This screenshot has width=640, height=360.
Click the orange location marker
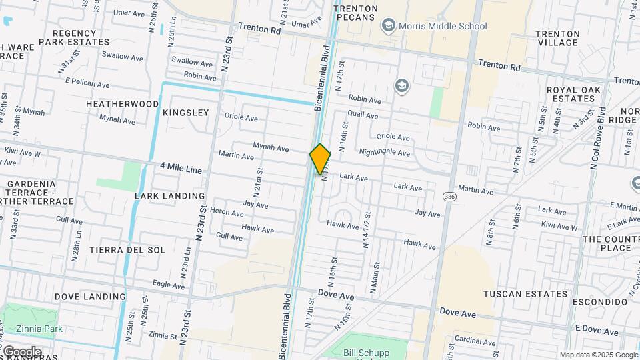pyautogui.click(x=320, y=159)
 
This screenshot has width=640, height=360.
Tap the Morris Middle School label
pyautogui.click(x=443, y=27)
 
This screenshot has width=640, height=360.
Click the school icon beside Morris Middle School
pyautogui.click(x=387, y=26)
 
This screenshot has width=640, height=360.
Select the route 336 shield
pyautogui.click(x=450, y=197)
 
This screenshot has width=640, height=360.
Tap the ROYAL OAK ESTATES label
pyautogui.click(x=573, y=94)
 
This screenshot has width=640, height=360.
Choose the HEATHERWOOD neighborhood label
pyautogui.click(x=122, y=104)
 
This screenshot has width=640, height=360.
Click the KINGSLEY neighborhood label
pyautogui.click(x=185, y=113)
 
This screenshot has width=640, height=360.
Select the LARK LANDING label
pyautogui.click(x=169, y=196)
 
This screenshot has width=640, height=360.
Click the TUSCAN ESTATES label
pyautogui.click(x=525, y=294)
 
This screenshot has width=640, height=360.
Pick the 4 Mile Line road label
pyautogui.click(x=181, y=170)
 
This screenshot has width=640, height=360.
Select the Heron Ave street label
pyautogui.click(x=227, y=213)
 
